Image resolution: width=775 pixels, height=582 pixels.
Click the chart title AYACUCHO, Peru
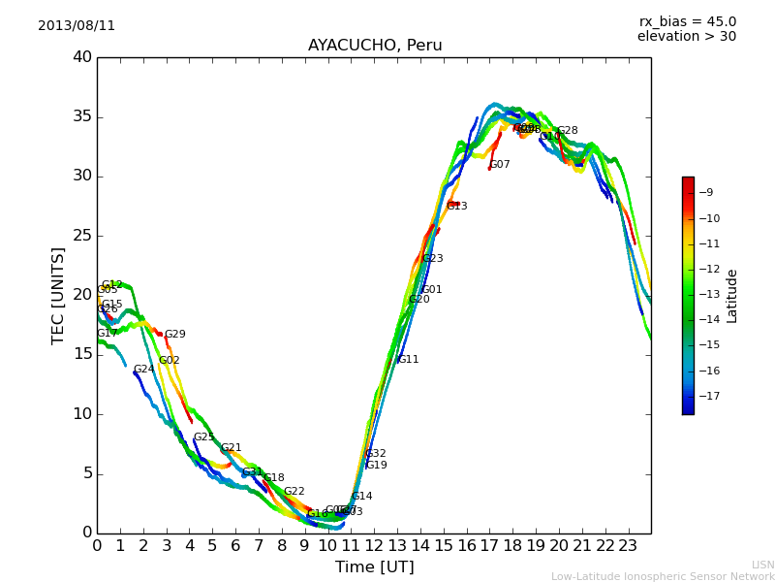click(375, 46)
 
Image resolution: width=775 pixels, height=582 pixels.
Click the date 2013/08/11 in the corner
click(77, 26)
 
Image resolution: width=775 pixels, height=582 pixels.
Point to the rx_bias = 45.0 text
click(687, 22)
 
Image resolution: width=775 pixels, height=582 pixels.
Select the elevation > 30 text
click(686, 37)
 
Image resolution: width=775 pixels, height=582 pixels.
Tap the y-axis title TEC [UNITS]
click(59, 295)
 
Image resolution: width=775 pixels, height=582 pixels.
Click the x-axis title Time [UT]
click(374, 567)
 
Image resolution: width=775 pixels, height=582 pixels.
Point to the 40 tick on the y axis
click(82, 57)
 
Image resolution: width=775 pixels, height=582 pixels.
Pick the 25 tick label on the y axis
click(82, 236)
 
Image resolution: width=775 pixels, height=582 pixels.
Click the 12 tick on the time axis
click(374, 545)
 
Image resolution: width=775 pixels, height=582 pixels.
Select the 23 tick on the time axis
click(628, 545)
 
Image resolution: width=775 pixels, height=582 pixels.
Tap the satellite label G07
click(500, 165)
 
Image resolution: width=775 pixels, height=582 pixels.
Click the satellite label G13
click(457, 207)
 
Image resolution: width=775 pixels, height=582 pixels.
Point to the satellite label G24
click(143, 370)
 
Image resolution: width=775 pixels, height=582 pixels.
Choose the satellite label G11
click(408, 360)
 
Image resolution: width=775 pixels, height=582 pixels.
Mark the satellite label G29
click(174, 335)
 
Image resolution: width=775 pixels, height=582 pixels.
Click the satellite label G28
click(567, 131)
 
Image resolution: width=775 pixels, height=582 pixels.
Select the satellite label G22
click(294, 492)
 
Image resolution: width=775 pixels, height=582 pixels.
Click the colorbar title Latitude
click(732, 296)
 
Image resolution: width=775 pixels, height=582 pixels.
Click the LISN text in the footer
click(763, 565)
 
